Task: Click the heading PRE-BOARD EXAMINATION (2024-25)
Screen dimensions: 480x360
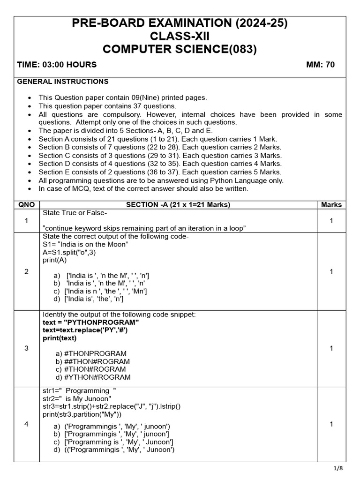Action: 180,24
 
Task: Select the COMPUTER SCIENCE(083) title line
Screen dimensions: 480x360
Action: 180,50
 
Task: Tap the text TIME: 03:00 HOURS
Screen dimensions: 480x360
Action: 57,65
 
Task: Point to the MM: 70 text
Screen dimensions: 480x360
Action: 320,65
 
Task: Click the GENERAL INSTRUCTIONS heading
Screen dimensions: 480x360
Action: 63,82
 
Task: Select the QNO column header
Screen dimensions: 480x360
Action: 27,205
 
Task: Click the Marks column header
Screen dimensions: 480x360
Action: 331,205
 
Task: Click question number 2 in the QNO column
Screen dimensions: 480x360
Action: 27,271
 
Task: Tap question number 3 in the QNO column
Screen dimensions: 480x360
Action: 27,348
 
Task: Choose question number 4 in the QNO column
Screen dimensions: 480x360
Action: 27,424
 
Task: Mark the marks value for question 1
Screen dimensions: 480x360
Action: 331,221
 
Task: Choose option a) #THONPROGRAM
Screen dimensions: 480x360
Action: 91,353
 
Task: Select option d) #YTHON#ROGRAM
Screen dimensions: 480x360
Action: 93,377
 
